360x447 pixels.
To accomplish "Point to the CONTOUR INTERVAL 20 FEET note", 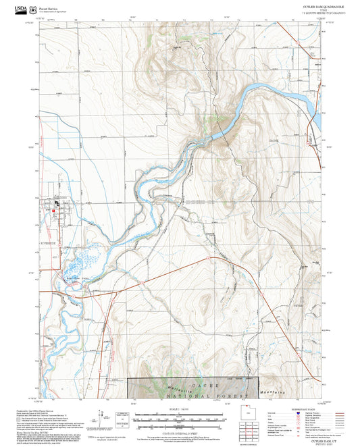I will (x=180, y=431).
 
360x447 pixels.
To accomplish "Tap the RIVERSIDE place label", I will (x=50, y=238).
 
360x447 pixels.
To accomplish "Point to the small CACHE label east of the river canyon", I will (x=274, y=140).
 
